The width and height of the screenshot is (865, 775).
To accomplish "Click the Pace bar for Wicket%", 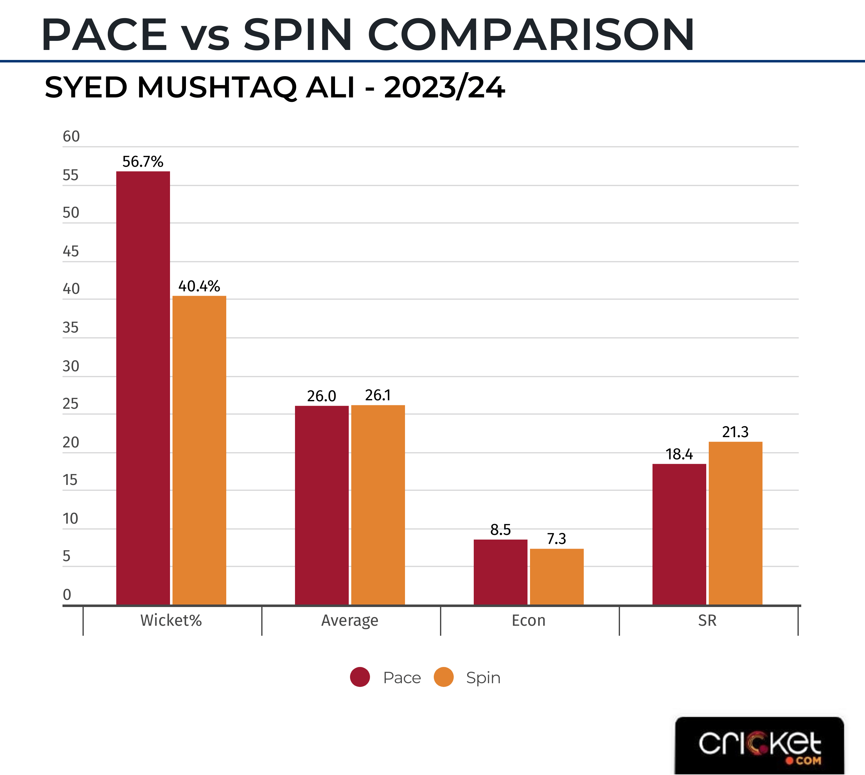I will click(143, 388).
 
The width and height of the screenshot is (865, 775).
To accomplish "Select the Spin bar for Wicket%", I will click(199, 450).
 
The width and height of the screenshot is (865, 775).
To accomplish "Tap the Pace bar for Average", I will click(322, 505).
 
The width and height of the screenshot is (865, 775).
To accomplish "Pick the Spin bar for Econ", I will click(557, 576).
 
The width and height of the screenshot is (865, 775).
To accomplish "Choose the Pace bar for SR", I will click(679, 534).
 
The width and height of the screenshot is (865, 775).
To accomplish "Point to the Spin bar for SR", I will click(735, 523).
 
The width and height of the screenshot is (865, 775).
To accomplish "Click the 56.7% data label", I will click(143, 162).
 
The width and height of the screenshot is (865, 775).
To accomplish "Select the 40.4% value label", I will click(199, 286).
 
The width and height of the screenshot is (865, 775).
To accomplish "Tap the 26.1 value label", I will click(378, 395).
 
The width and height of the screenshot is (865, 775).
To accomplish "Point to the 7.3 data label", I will click(557, 539).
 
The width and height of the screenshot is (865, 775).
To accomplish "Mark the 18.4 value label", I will click(679, 454).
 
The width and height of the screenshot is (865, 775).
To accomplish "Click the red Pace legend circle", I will click(360, 677).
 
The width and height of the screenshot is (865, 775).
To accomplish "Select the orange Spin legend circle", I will click(443, 677).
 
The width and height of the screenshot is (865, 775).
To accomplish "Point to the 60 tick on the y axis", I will click(71, 137).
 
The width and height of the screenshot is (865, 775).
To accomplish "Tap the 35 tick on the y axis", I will click(71, 328).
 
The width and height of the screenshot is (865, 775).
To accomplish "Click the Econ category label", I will click(528, 620).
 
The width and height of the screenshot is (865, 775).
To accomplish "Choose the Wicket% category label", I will click(171, 620).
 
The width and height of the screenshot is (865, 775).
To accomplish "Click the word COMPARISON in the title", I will click(531, 35).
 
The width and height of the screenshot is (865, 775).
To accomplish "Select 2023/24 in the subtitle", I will click(444, 88).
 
